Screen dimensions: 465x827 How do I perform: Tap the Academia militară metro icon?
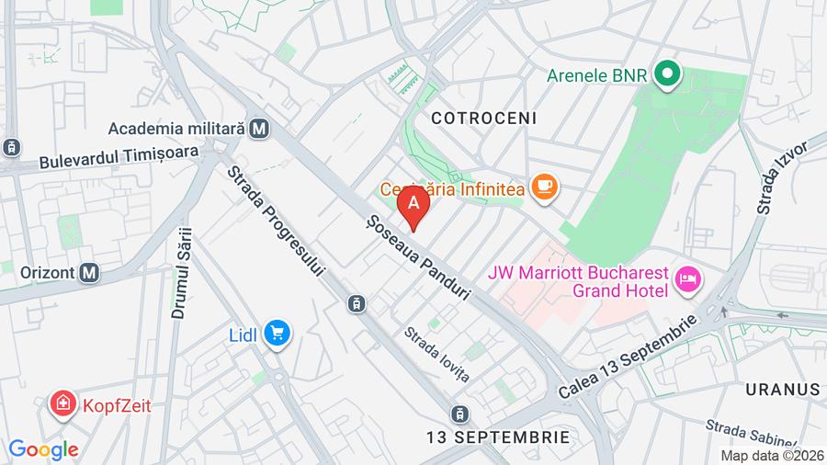[260, 129]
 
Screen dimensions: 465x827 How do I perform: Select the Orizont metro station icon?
[89, 273]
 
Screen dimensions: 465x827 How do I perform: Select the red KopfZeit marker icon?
[63, 404]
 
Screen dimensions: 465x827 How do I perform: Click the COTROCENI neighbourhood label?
[484, 119]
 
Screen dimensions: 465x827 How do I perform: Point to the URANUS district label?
[783, 389]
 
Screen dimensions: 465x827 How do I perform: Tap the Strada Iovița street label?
[436, 355]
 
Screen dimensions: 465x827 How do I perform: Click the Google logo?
[42, 450]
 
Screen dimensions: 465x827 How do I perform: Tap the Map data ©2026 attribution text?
[771, 455]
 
